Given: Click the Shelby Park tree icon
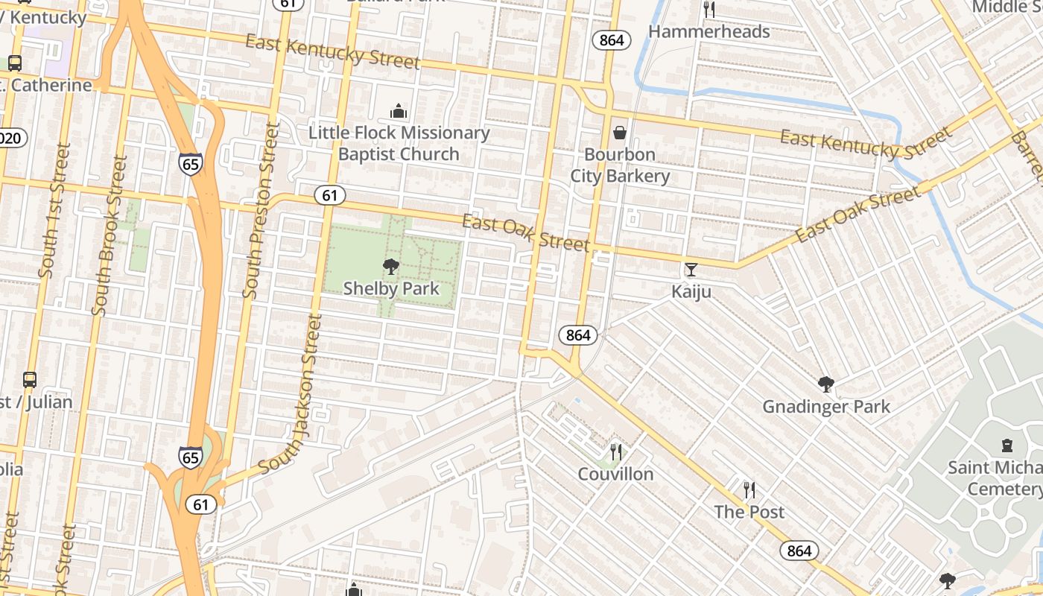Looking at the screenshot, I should [x=390, y=267].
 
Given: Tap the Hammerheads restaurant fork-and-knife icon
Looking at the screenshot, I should [x=709, y=10].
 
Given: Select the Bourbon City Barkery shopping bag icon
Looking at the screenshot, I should [x=619, y=133].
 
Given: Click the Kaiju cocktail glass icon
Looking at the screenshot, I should [x=691, y=270].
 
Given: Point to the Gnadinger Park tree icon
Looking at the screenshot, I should [x=825, y=384].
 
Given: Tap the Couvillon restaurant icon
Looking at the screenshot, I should [x=616, y=451].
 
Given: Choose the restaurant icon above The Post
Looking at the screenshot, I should [x=749, y=489].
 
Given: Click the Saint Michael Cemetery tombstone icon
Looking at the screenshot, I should [x=1007, y=446].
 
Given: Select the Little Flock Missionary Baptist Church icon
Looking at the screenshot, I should [x=399, y=112].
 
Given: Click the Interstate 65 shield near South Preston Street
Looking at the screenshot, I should [x=190, y=163].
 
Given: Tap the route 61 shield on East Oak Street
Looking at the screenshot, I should [x=330, y=196].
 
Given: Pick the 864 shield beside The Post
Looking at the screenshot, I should [x=799, y=551].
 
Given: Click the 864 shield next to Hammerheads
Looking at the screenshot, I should [x=611, y=40].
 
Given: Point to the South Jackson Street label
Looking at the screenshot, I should [x=291, y=395].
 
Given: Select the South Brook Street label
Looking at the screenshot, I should [x=108, y=235].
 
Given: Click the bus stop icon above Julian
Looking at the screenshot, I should [x=29, y=380].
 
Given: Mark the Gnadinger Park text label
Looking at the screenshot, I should [x=825, y=407].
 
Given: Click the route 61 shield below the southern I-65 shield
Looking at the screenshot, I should [x=200, y=504].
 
